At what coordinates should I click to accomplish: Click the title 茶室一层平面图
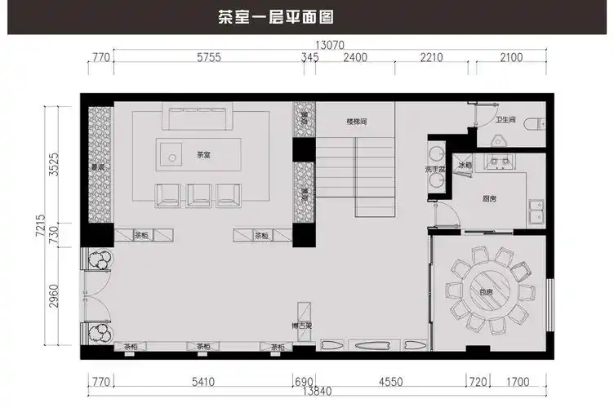274,16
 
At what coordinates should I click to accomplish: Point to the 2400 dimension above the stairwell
355,57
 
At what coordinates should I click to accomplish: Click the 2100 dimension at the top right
511,57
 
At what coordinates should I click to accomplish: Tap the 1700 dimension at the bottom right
517,381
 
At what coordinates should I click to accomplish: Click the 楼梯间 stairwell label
358,122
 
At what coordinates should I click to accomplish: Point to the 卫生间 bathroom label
505,120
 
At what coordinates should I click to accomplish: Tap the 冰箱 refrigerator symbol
464,166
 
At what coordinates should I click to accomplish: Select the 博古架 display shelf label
303,326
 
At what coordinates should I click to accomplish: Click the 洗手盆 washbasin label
434,169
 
